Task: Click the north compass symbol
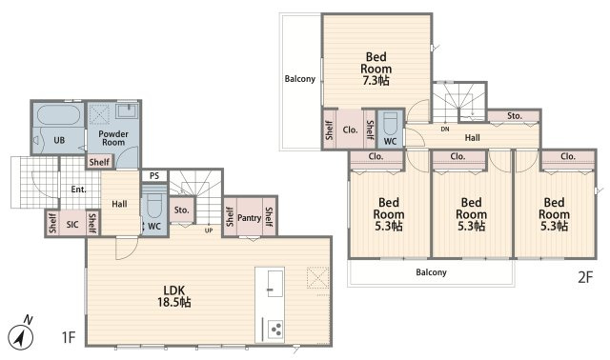(x=21, y=335)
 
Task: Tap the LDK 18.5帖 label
(x=173, y=296)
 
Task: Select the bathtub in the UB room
(x=59, y=114)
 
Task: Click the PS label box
(x=154, y=176)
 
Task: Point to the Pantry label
(x=249, y=218)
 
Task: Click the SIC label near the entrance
(x=72, y=225)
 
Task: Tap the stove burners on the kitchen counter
(x=275, y=329)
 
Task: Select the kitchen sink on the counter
(x=274, y=284)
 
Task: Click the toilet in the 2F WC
(x=390, y=123)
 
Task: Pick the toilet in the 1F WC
(x=154, y=206)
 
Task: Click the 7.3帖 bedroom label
(x=376, y=69)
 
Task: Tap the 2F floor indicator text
(x=585, y=277)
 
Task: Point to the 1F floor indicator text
(x=69, y=337)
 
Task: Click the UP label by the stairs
(x=209, y=230)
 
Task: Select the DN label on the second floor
(x=445, y=130)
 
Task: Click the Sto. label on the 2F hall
(x=515, y=116)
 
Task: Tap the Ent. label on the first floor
(x=78, y=190)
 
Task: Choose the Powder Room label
(x=113, y=138)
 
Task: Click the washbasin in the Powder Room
(x=127, y=110)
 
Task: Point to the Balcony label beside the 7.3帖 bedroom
(x=299, y=79)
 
